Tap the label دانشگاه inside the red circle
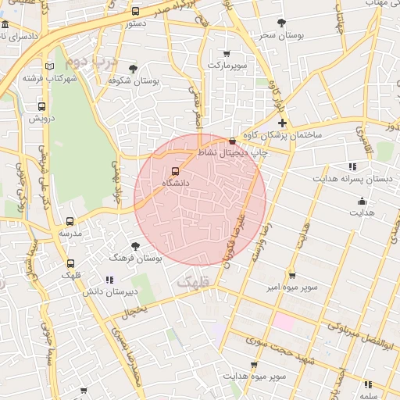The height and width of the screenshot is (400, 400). click(x=175, y=182)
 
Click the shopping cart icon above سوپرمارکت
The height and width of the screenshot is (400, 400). click(x=227, y=54)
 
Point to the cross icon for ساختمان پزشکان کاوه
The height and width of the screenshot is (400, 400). click(x=282, y=123)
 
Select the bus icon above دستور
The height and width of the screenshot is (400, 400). click(x=136, y=12)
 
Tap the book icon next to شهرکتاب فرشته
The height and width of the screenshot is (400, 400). click(x=50, y=67)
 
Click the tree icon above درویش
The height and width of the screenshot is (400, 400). click(x=41, y=107)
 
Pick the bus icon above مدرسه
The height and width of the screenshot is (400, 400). click(x=70, y=222)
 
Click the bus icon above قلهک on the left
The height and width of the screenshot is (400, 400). click(x=70, y=263)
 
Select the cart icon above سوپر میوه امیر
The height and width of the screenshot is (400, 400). click(x=291, y=275)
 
